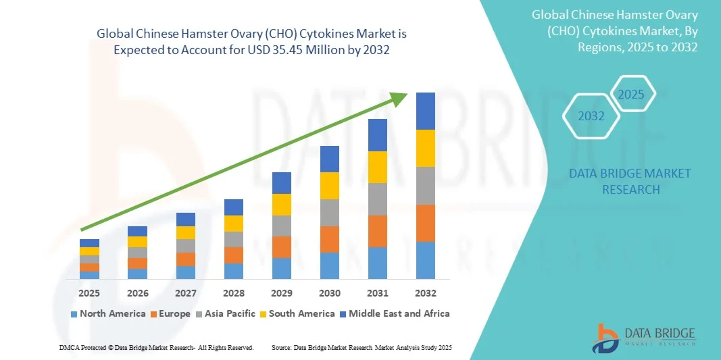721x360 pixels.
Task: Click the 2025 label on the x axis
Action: click(89, 293)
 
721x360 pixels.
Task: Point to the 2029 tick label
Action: click(282, 293)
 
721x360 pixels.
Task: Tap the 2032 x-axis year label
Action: click(426, 293)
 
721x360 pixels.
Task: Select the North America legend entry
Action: click(108, 313)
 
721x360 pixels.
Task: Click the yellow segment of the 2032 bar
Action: click(426, 148)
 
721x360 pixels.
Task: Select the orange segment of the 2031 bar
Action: click(378, 231)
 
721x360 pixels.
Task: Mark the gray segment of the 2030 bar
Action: click(330, 212)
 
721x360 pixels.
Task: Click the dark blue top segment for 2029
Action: click(282, 182)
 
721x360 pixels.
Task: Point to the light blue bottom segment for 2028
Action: click(234, 271)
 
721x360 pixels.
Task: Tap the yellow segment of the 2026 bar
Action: click(137, 242)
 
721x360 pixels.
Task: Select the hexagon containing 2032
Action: click(591, 116)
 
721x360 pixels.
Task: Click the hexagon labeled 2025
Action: click(632, 94)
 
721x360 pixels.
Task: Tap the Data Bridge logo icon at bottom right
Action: click(606, 338)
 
